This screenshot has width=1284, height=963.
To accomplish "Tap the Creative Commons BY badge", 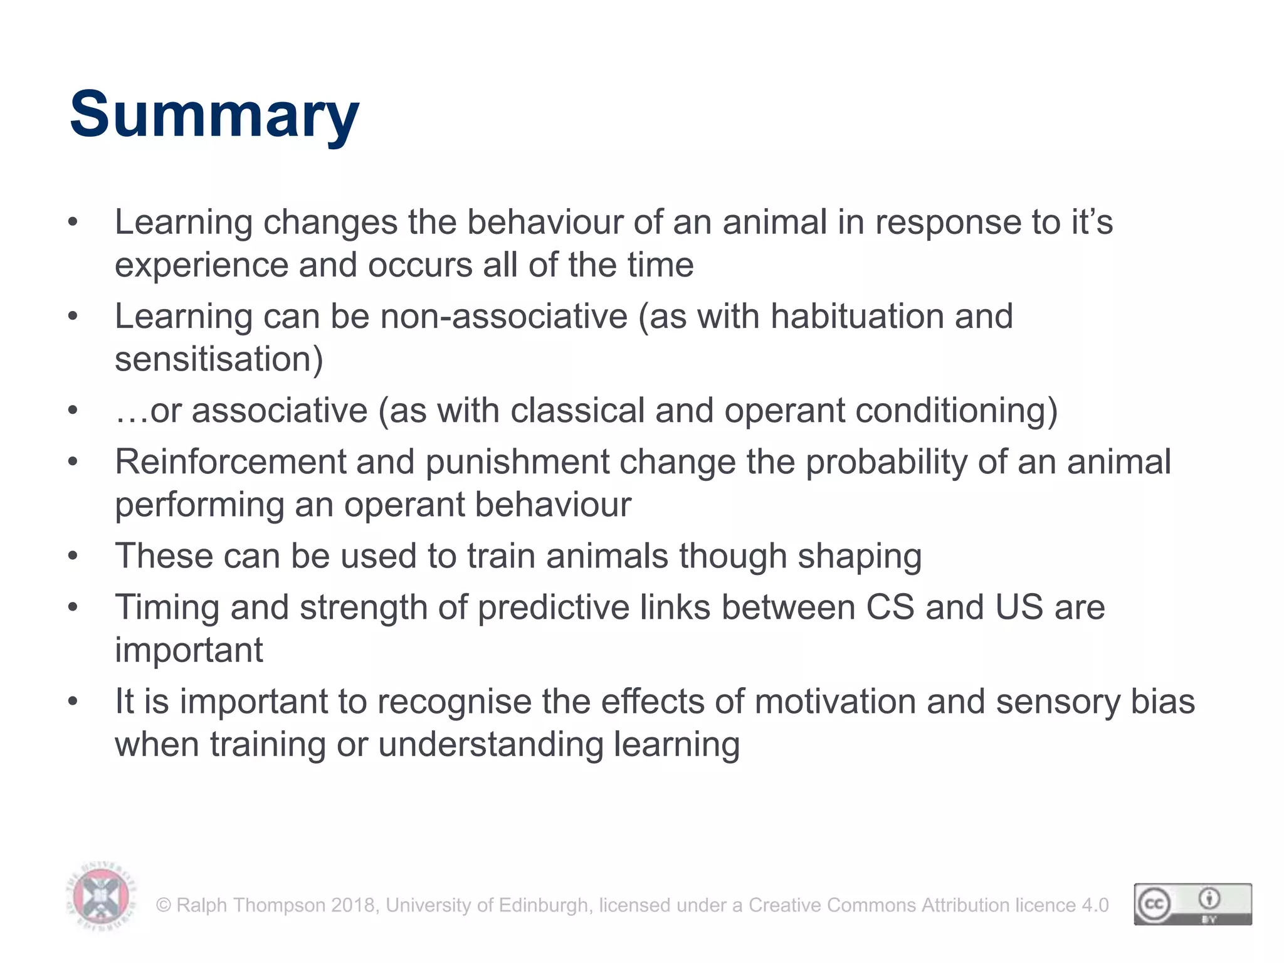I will click(1192, 904).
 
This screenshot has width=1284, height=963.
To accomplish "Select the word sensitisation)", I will click(219, 359).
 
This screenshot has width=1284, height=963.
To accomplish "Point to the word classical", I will click(577, 411).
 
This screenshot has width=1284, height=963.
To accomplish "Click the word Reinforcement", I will click(230, 462).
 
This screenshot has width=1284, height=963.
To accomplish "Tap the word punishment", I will click(517, 462).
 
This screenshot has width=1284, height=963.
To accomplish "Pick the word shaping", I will click(859, 557).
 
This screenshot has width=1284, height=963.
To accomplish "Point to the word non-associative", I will click(503, 316).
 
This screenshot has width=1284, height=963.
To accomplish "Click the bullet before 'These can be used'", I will click(73, 556).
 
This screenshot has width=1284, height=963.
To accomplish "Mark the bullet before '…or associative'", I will click(73, 411).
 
